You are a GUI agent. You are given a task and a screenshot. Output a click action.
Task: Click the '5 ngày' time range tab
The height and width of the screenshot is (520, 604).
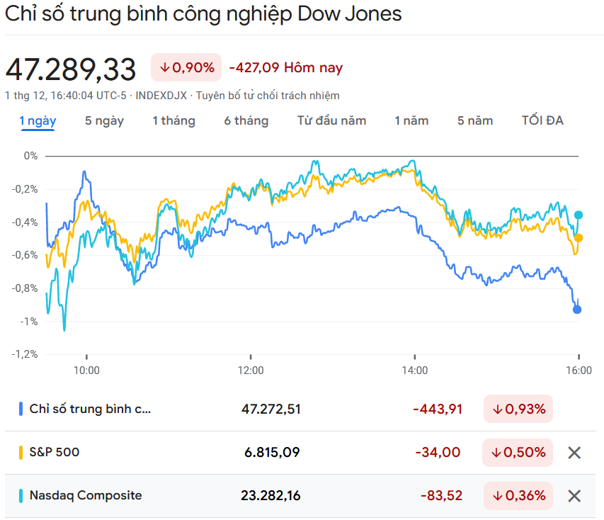click(x=104, y=120)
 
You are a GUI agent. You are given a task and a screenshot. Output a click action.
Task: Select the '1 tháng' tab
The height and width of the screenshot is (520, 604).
click(x=173, y=120)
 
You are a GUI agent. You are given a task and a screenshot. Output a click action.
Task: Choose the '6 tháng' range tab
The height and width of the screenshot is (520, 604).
click(x=246, y=120)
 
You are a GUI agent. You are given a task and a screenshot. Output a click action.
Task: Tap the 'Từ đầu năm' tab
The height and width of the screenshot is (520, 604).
click(x=331, y=120)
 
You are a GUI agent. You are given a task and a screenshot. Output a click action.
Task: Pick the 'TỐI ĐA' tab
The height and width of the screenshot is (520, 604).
click(x=542, y=120)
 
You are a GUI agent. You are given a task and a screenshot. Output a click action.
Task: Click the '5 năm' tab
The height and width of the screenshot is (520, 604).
click(x=475, y=120)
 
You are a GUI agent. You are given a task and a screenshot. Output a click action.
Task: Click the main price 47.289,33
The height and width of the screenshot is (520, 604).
click(x=71, y=69)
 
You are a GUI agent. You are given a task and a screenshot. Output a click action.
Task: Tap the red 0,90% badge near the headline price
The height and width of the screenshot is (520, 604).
click(x=186, y=67)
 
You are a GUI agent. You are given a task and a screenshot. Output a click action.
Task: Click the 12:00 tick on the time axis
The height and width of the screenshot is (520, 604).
click(x=251, y=370)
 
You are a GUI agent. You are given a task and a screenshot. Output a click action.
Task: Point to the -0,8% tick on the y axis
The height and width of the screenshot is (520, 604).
click(x=26, y=288)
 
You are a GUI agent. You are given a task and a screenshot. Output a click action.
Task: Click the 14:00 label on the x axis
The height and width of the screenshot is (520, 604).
click(x=415, y=370)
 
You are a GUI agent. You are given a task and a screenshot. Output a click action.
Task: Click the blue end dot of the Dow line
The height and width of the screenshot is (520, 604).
click(x=577, y=309)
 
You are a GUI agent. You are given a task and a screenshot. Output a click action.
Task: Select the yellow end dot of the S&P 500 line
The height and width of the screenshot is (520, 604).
click(x=579, y=238)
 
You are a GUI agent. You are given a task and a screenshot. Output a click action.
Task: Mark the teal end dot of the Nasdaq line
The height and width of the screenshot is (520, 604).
click(x=579, y=215)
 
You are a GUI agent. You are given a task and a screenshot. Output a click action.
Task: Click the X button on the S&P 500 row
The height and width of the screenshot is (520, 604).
click(x=574, y=453)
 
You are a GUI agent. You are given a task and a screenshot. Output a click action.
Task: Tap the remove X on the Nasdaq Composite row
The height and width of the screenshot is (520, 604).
click(x=574, y=496)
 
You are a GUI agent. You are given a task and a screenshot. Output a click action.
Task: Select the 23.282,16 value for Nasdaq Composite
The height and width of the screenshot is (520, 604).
click(x=270, y=496)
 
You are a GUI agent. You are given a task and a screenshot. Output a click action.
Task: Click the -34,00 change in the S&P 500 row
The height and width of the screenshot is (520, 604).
click(x=440, y=452)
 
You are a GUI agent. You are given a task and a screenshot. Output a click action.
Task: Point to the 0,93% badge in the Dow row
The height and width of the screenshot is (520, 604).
click(x=519, y=409)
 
